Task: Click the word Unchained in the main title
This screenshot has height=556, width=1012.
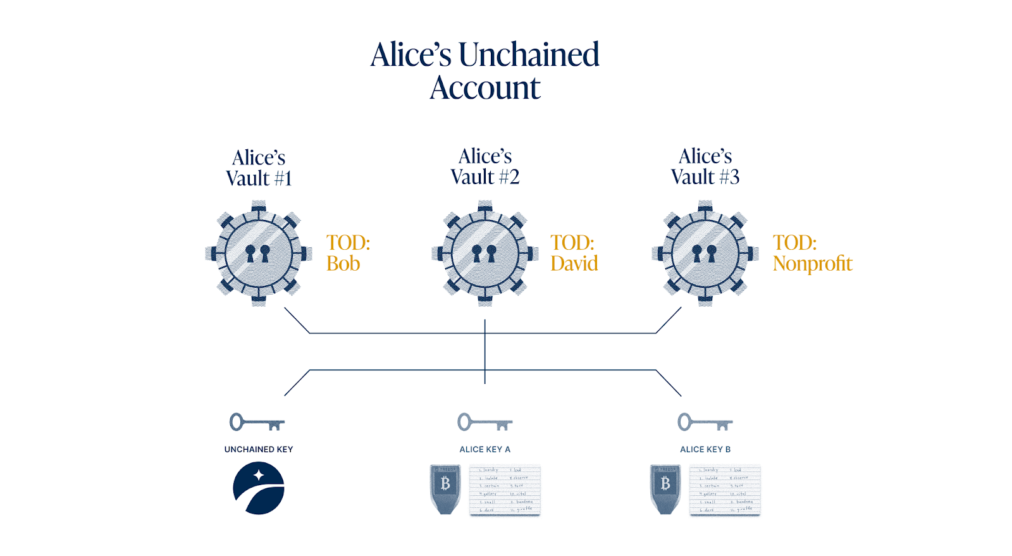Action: pos(529,55)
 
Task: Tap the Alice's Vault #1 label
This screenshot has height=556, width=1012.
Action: pos(259,168)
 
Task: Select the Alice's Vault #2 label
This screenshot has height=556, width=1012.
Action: pos(485,166)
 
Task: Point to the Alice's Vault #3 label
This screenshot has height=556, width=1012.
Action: pos(705,166)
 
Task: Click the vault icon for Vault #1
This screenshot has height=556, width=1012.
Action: pos(259,254)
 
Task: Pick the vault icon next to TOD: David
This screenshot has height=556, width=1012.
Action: pos(485,254)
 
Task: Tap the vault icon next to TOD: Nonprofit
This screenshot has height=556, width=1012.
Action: pos(705,254)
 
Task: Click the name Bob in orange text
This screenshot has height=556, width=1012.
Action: pos(343,264)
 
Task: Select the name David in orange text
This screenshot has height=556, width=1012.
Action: pos(574,264)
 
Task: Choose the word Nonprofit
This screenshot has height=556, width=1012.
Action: pos(812,264)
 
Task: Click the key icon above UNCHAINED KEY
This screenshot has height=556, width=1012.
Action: pos(257,422)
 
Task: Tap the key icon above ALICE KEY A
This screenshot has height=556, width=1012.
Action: pos(484,422)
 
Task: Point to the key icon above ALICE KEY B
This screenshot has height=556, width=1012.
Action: pos(705,422)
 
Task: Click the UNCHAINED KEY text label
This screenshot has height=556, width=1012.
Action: pos(259,450)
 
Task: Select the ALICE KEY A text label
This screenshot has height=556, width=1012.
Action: pos(484,450)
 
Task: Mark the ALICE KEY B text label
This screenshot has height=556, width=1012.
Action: pos(705,450)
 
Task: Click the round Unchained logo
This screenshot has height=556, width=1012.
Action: pos(259,488)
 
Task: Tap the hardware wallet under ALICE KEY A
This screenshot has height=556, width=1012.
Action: pos(445,489)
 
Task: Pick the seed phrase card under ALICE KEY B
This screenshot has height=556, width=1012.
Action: pos(725,491)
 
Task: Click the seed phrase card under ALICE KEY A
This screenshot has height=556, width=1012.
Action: pos(505,491)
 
